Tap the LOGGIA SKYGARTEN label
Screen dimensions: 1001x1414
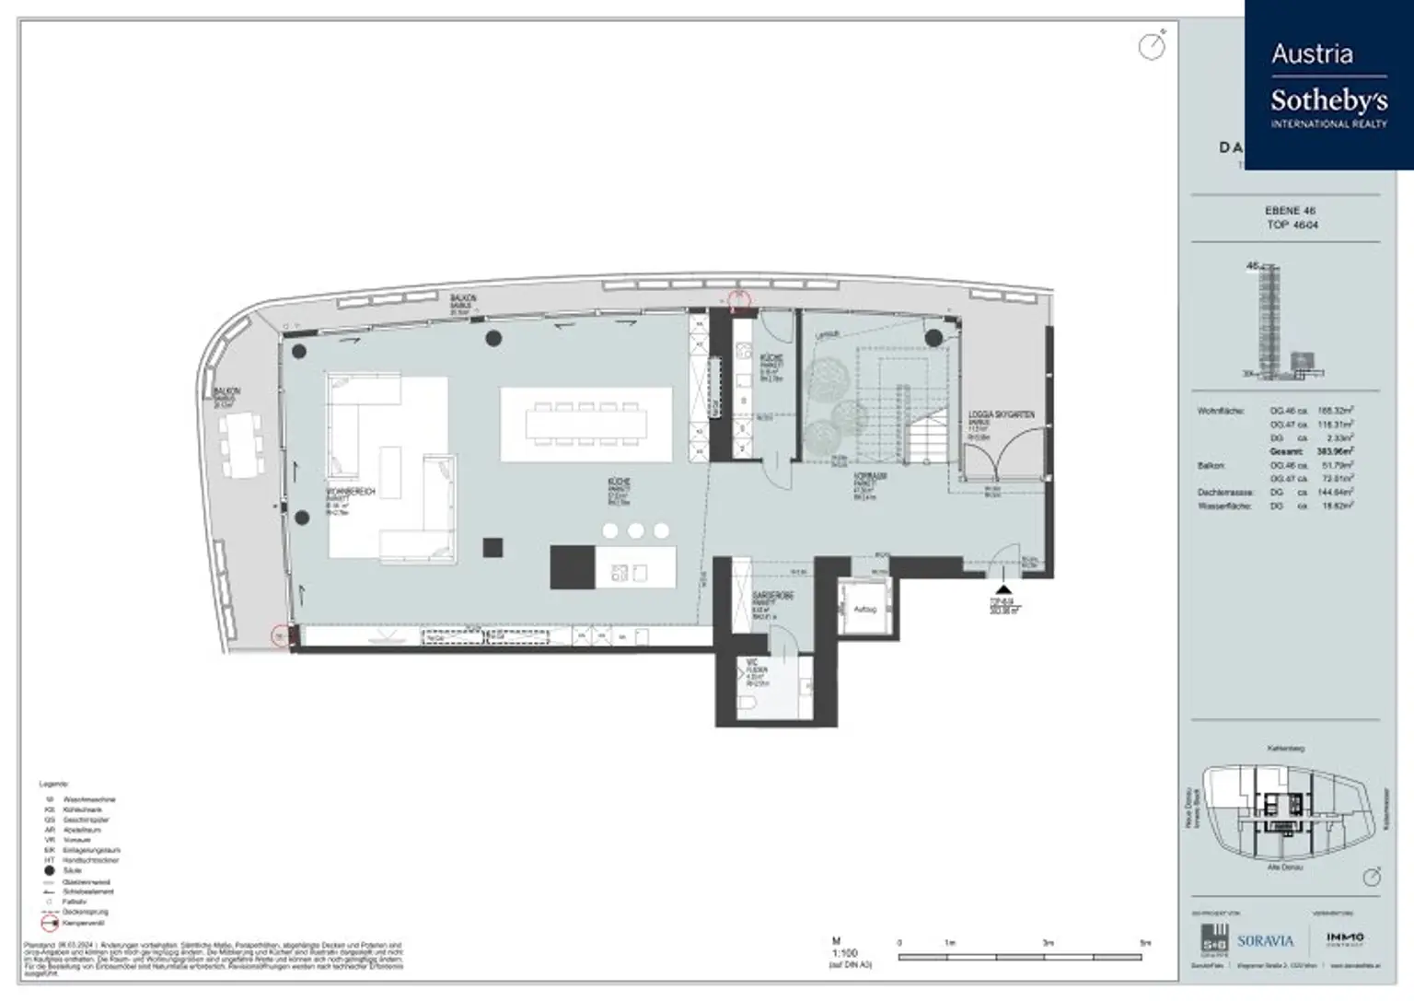(x=1001, y=415)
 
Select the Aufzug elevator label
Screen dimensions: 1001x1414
(x=864, y=610)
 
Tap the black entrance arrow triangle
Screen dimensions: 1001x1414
(x=1003, y=589)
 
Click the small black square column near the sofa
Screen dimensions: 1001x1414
(x=493, y=548)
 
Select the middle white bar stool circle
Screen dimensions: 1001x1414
(x=636, y=530)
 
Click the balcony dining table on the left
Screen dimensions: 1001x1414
(x=243, y=445)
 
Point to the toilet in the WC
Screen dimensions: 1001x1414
(x=748, y=704)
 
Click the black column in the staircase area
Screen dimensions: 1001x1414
(x=933, y=338)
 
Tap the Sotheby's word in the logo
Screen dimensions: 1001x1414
(x=1328, y=99)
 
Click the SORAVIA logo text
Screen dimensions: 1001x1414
(x=1265, y=941)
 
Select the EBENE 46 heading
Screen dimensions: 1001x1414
(x=1289, y=211)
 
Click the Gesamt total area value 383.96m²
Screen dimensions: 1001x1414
(x=1335, y=452)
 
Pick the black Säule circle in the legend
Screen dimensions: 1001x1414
(x=50, y=870)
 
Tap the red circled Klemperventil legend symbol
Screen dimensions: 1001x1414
(x=50, y=922)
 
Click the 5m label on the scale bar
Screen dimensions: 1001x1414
(x=1144, y=943)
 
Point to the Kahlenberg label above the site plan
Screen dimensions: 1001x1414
(x=1285, y=749)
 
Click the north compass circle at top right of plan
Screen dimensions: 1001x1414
(x=1152, y=46)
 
